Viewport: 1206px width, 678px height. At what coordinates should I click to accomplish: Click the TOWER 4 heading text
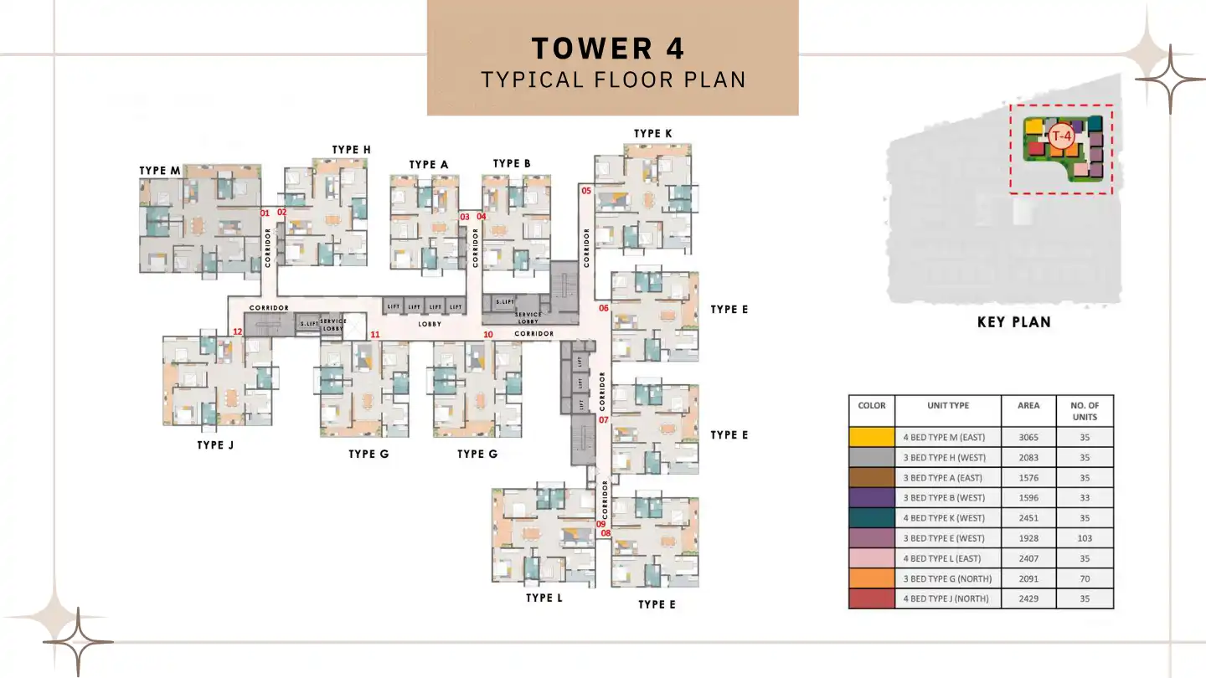[x=608, y=48]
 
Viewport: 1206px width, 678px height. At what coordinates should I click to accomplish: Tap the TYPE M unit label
[x=159, y=171]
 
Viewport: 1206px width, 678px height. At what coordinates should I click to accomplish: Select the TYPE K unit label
[x=652, y=134]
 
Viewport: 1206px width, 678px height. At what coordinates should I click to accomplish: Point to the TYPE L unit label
[x=544, y=598]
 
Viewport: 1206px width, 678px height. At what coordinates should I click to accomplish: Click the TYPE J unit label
[x=215, y=444]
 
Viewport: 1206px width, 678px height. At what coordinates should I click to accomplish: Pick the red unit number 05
[x=586, y=191]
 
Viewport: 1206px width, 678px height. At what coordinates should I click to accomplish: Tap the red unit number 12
[x=237, y=331]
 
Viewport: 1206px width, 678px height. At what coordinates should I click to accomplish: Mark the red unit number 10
[x=488, y=335]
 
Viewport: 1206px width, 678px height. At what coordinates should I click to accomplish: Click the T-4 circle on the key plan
[x=1061, y=136]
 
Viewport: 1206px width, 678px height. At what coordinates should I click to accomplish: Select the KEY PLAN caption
[x=1013, y=322]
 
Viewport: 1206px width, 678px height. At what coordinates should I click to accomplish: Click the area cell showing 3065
[x=1028, y=437]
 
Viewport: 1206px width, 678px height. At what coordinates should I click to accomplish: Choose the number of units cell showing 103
[x=1085, y=538]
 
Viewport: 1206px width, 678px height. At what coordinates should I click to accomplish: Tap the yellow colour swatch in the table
[x=871, y=437]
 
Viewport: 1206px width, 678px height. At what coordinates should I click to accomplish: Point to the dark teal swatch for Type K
[x=871, y=518]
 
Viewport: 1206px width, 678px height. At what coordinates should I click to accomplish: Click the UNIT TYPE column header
[x=948, y=406]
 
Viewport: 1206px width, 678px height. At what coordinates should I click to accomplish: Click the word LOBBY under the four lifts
[x=430, y=323]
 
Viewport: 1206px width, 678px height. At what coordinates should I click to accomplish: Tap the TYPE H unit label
[x=351, y=150]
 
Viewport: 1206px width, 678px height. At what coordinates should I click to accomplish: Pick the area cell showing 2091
[x=1028, y=578]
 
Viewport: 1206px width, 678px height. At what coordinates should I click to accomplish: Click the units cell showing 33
[x=1085, y=498]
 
